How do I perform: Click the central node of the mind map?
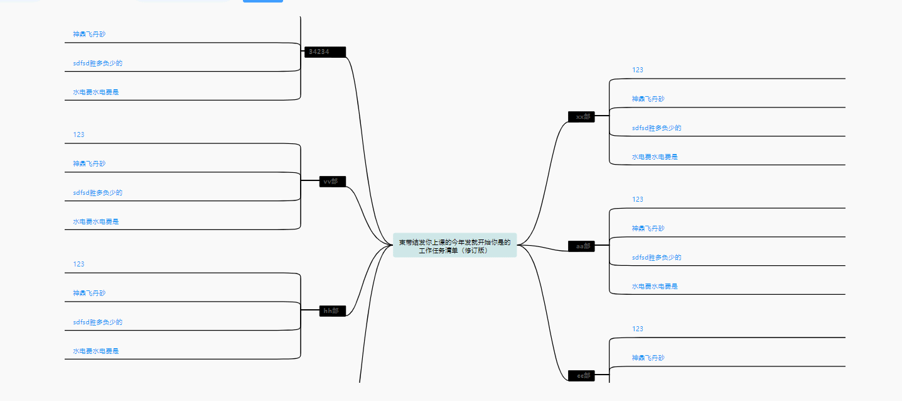click(x=454, y=246)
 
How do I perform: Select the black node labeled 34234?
click(x=325, y=52)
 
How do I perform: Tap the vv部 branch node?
click(x=332, y=182)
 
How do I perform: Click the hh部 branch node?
click(x=332, y=310)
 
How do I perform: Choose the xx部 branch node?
click(x=581, y=116)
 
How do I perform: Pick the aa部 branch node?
click(x=581, y=246)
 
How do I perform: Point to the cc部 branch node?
click(x=581, y=375)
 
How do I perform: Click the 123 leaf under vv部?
click(x=78, y=135)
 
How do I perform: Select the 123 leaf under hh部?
click(x=78, y=264)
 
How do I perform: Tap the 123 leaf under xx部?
click(x=638, y=70)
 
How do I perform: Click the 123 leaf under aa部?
click(x=638, y=199)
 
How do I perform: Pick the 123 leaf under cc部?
click(x=638, y=329)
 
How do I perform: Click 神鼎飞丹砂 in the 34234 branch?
click(x=89, y=34)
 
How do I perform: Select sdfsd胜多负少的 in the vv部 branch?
click(x=97, y=192)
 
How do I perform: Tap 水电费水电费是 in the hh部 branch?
click(x=95, y=351)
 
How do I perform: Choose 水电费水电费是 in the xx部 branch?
click(x=655, y=157)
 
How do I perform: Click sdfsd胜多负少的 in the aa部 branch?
click(x=657, y=257)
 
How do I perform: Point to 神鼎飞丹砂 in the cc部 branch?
click(x=648, y=358)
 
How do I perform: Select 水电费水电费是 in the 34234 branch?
click(x=95, y=92)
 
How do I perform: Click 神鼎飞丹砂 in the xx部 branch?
click(x=648, y=99)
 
